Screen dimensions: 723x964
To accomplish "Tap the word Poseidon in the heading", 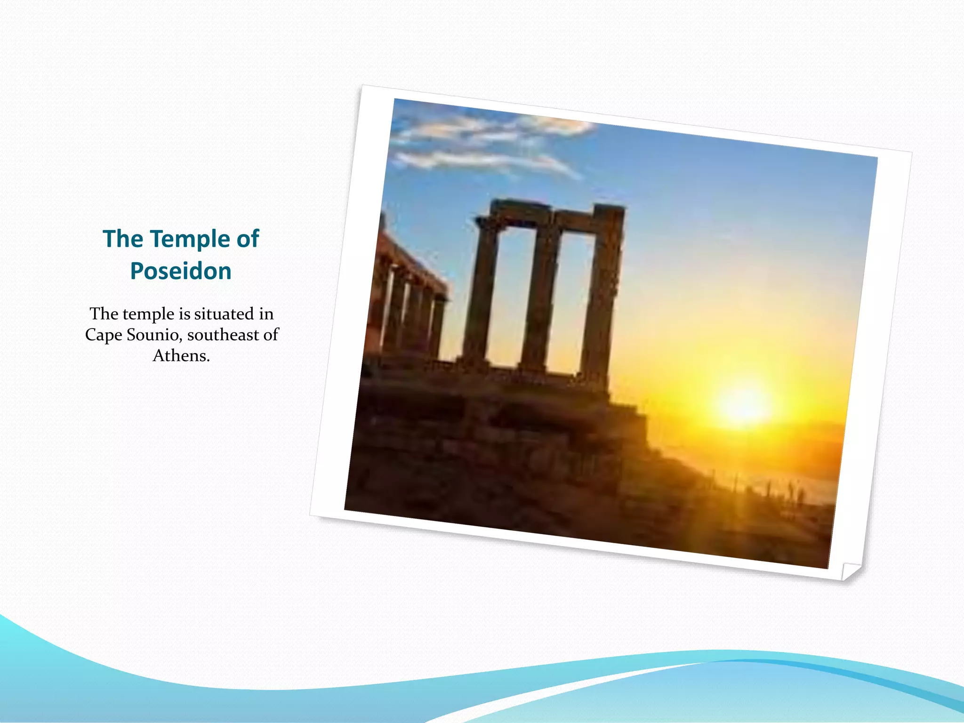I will coord(181,272).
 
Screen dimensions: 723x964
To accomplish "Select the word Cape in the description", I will coord(103,335).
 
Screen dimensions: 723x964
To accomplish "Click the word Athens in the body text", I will coord(181,355).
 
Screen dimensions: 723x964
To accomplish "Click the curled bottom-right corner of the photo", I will coord(850,570).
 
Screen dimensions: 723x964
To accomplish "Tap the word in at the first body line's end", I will coord(266,314).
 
